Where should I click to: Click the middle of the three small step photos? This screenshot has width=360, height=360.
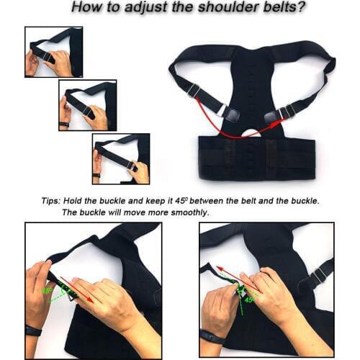click(x=87, y=105)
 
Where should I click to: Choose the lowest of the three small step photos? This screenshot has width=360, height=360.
click(x=120, y=158)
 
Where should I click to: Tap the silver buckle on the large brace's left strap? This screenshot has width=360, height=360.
click(x=193, y=91)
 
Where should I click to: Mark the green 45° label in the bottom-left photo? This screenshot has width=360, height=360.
click(x=48, y=292)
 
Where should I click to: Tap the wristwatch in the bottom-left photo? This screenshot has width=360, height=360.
click(x=33, y=330)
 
